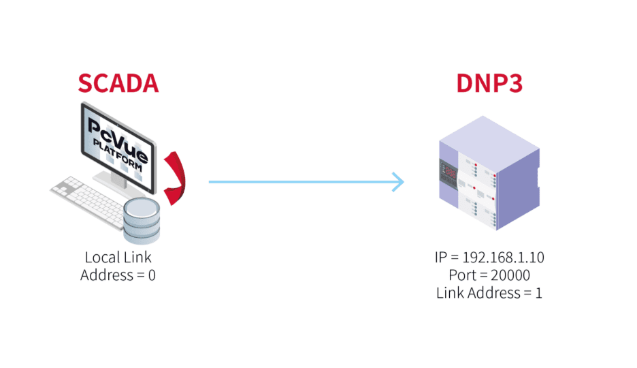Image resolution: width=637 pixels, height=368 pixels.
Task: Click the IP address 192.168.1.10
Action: pos(503,258)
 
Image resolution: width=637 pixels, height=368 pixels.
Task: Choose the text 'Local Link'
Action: pos(118,258)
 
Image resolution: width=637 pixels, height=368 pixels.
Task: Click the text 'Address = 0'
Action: pos(118,275)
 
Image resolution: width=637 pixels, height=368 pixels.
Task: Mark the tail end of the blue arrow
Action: pos(212,182)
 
